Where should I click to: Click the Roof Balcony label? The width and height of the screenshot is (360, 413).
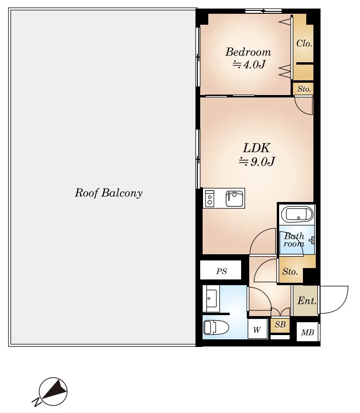click(x=108, y=193)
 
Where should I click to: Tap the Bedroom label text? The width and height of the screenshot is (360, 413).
click(x=248, y=52)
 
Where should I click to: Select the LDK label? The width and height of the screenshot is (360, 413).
click(x=256, y=148)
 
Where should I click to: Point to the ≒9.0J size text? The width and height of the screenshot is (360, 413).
click(x=257, y=162)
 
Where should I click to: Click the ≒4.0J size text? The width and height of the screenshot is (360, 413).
click(x=249, y=64)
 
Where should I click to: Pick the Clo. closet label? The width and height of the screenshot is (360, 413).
click(x=304, y=43)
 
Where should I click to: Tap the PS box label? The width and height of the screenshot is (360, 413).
click(x=222, y=271)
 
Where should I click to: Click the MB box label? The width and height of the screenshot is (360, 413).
click(x=307, y=333)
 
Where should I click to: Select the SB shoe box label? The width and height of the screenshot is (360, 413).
click(x=280, y=325)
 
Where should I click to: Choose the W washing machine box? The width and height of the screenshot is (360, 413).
click(x=257, y=329)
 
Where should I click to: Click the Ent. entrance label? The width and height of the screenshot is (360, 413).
click(x=307, y=301)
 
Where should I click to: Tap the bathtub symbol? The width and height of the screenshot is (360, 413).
click(x=297, y=214)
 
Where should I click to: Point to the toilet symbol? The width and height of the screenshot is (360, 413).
click(x=216, y=327)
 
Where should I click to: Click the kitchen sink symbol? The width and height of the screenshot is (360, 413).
click(x=234, y=198)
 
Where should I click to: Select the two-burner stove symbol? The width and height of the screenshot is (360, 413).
click(x=210, y=198)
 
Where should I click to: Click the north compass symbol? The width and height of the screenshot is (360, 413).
click(x=53, y=392)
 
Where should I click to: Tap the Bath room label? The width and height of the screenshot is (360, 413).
click(x=294, y=240)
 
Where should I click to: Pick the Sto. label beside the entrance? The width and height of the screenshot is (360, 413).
click(x=290, y=271)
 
